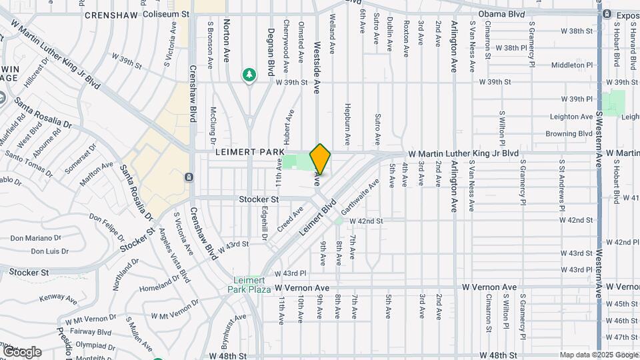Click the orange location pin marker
pos(320,159)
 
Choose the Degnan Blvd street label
pos(271,51)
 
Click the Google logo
pos(21,351)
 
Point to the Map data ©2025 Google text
pos(598,355)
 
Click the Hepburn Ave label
pos(347,125)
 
